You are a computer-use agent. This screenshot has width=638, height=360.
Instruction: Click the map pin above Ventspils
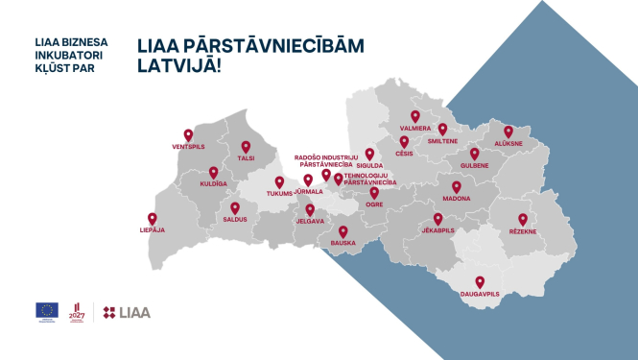(188, 135)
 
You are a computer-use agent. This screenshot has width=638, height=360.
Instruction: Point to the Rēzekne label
(523, 231)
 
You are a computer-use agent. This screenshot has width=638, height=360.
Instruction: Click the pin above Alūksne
(508, 132)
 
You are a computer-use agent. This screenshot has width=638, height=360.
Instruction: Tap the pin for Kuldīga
(214, 173)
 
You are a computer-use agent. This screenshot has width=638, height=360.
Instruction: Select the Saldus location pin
(235, 207)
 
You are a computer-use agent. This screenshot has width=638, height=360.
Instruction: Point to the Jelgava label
(310, 221)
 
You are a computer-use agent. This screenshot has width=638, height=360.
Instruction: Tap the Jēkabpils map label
(438, 230)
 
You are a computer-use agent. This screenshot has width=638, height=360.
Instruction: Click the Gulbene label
(474, 165)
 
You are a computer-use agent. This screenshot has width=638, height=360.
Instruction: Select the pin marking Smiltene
(443, 128)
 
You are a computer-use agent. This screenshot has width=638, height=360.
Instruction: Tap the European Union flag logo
(47, 309)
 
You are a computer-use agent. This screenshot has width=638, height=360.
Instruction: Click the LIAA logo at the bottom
(126, 312)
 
